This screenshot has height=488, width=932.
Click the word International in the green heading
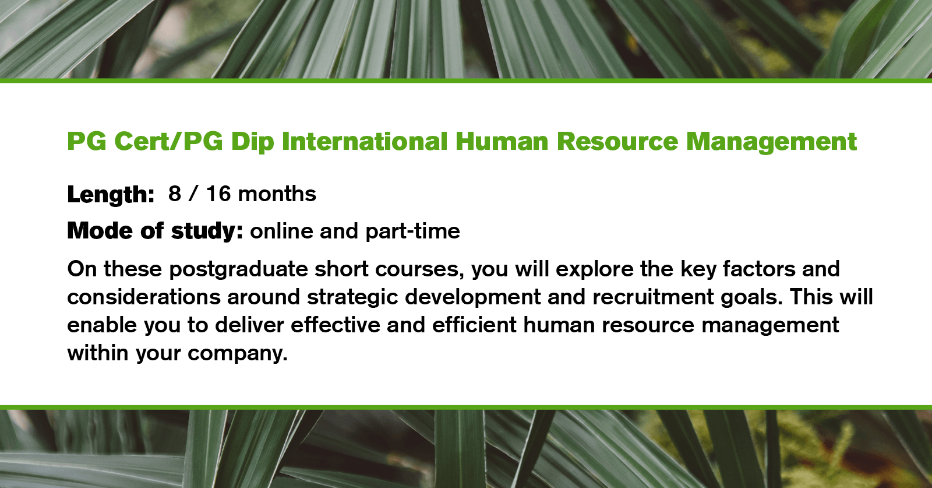click(365, 142)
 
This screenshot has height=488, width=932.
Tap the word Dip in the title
click(252, 142)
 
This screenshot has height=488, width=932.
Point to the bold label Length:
click(111, 194)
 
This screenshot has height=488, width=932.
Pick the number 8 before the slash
click(175, 194)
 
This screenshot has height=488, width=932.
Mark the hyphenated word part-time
click(413, 231)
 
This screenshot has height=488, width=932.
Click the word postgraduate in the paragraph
click(238, 269)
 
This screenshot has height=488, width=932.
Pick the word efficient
click(474, 325)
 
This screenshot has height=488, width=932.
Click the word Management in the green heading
click(771, 142)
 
